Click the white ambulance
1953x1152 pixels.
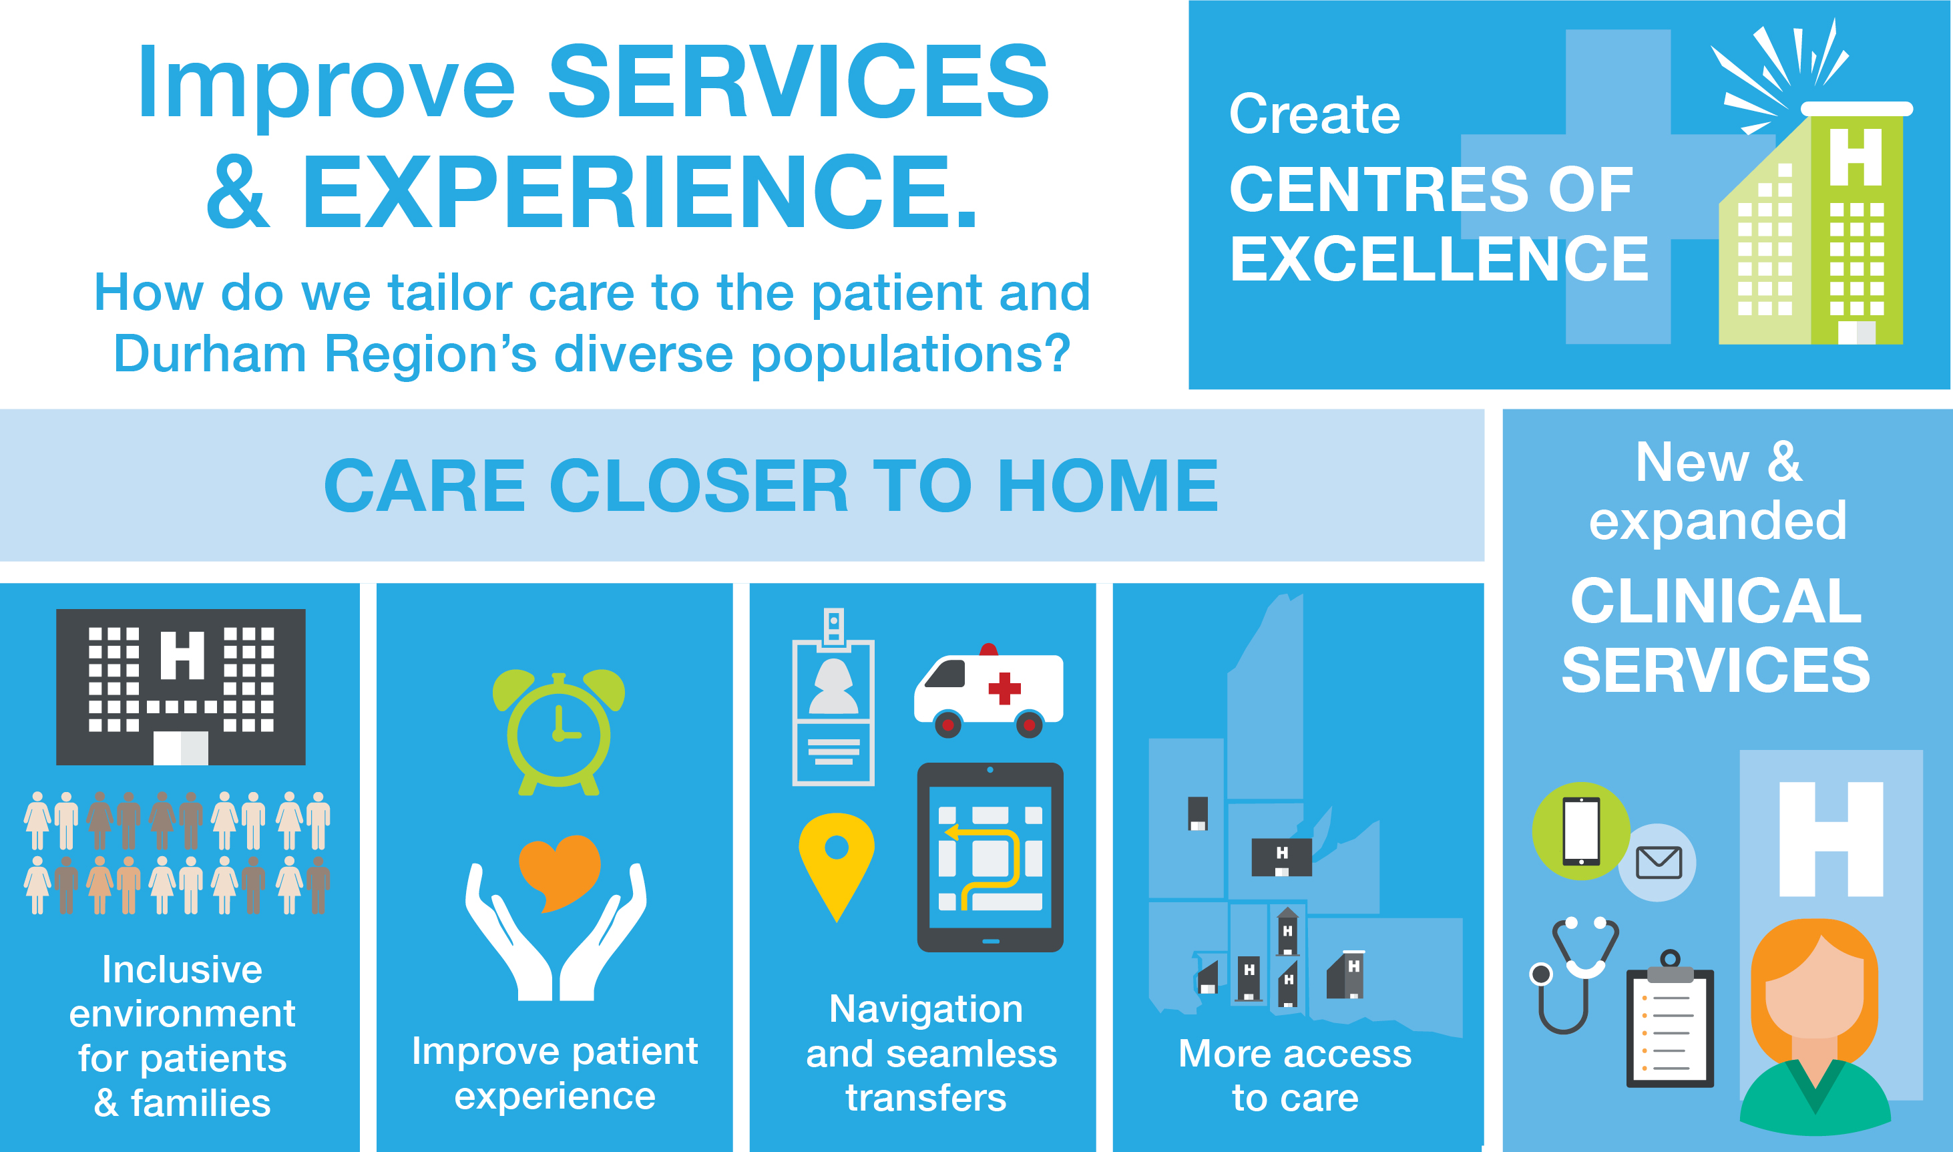tap(989, 691)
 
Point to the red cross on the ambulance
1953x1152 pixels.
tap(1004, 688)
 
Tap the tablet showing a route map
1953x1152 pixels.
tap(990, 857)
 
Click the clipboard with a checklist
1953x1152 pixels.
tap(1670, 1018)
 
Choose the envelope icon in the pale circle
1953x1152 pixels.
tap(1658, 862)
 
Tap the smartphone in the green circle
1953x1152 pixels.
tap(1580, 831)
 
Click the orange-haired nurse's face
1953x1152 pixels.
tap(1813, 994)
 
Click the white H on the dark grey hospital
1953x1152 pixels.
tap(182, 654)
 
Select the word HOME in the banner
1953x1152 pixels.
tap(1107, 486)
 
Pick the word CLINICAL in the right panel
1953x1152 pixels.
tap(1715, 601)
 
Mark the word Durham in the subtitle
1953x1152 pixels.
tap(210, 354)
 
